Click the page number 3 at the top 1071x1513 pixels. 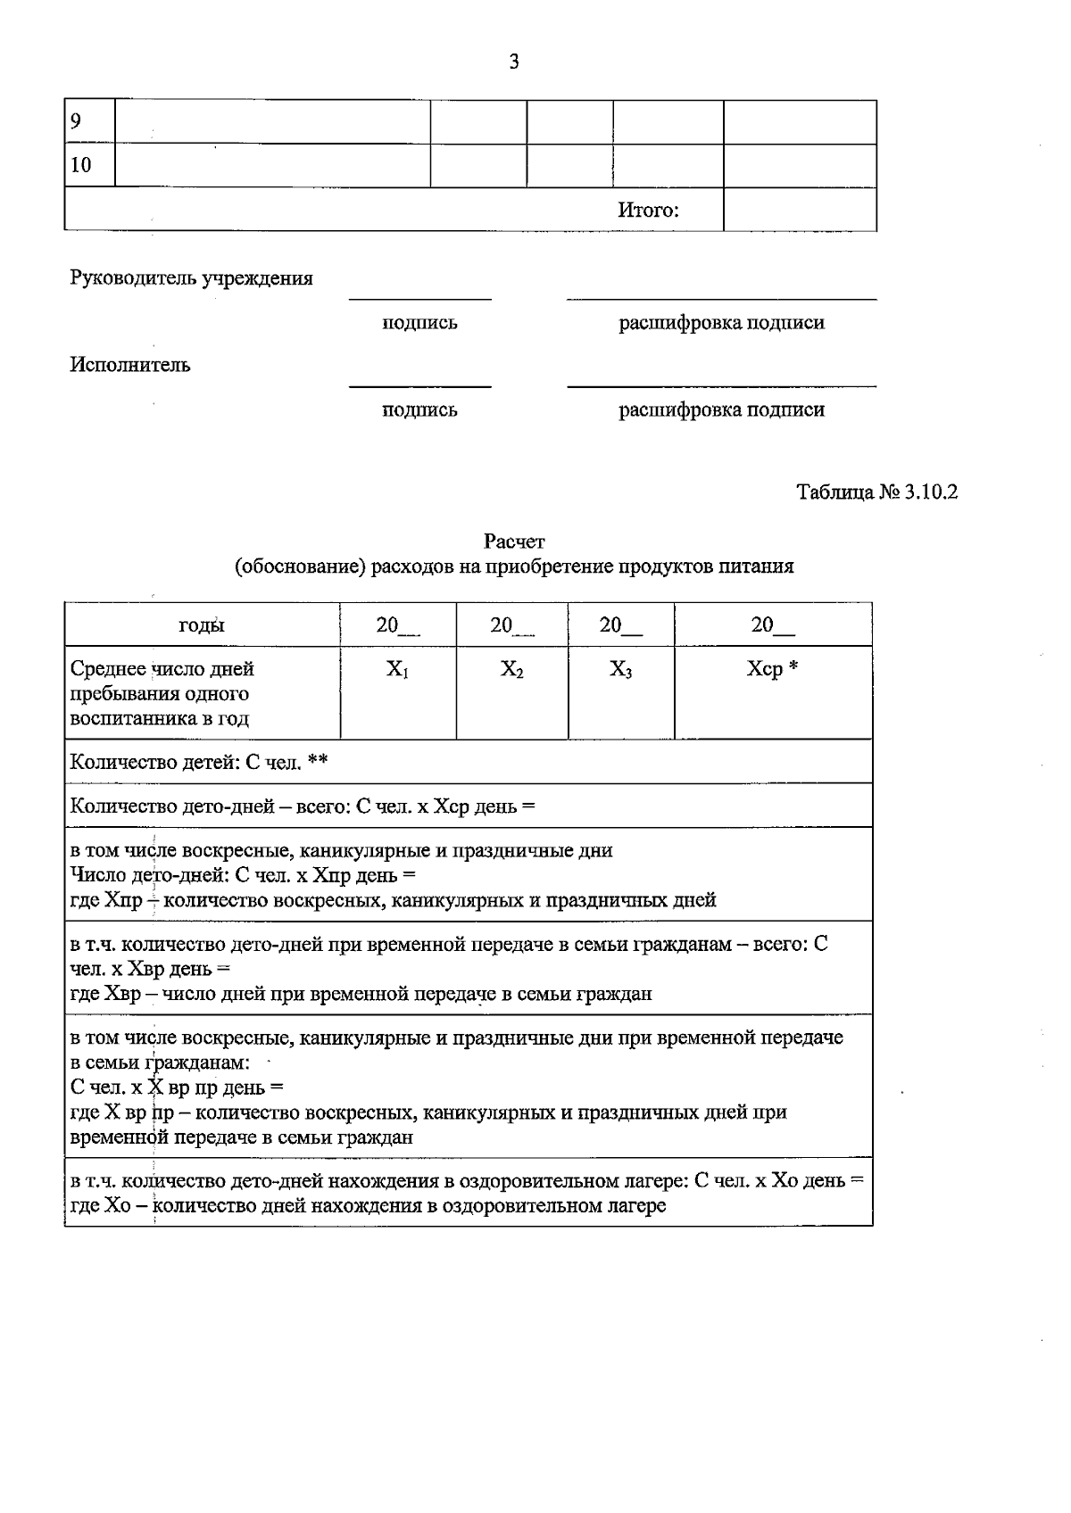point(513,62)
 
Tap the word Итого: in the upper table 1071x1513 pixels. point(648,211)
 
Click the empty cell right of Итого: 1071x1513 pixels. point(799,211)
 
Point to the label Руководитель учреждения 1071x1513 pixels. point(191,278)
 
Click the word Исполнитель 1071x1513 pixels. point(130,365)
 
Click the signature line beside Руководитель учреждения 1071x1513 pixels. point(419,298)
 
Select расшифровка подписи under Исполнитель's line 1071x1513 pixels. point(721,410)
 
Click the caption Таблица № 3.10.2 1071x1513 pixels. point(876,492)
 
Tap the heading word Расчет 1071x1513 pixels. point(514,542)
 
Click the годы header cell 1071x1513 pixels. point(202,625)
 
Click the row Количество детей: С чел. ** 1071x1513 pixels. point(199,762)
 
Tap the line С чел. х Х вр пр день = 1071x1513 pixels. point(176,1088)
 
